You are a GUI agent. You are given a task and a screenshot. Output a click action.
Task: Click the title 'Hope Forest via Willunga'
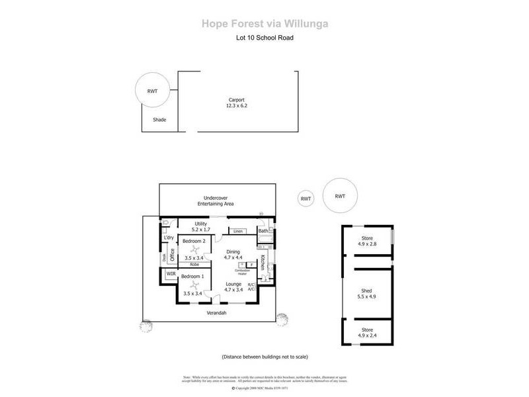(264, 24)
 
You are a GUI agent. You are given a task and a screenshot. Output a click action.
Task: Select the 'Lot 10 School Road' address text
(264, 38)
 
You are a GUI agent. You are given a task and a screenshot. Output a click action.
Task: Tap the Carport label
(236, 100)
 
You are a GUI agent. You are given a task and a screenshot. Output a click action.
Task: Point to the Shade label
(159, 120)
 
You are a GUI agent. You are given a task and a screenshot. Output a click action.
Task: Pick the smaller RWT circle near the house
(305, 198)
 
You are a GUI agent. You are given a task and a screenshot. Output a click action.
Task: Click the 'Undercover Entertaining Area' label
(219, 201)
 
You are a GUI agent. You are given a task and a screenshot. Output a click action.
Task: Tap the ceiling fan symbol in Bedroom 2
(194, 251)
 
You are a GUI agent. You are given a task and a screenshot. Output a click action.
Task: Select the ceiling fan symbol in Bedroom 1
(194, 285)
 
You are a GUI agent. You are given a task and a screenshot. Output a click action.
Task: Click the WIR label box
(171, 273)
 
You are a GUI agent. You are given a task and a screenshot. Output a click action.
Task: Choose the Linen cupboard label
(239, 231)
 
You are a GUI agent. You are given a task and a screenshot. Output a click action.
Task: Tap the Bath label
(263, 231)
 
